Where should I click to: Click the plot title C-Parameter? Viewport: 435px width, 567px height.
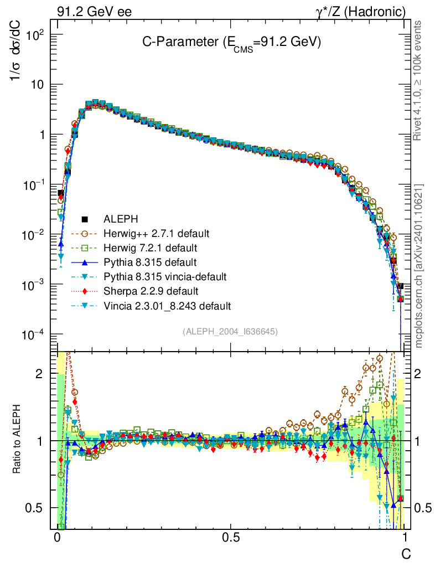click(231, 43)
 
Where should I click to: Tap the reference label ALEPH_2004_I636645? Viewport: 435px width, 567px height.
click(230, 331)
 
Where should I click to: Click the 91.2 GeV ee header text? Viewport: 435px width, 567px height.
click(94, 12)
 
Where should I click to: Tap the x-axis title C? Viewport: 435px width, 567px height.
click(406, 553)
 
